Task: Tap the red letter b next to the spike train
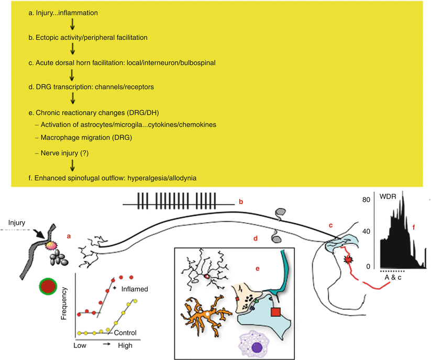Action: [241, 201]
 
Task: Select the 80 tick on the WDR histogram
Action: [367, 200]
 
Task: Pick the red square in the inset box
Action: [275, 313]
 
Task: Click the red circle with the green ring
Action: [48, 287]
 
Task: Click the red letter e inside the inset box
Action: [257, 269]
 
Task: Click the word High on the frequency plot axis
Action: [125, 346]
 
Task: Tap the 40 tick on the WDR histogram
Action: [367, 232]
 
